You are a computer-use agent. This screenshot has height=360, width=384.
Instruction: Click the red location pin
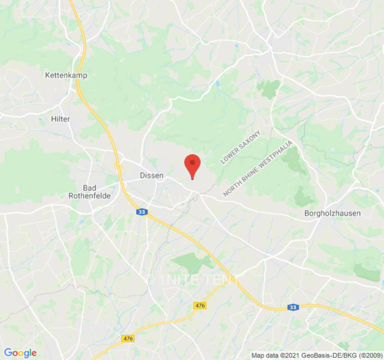pos(193,165)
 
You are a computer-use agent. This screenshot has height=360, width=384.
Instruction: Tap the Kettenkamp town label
pos(66,75)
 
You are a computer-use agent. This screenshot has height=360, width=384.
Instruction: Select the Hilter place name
pos(60,119)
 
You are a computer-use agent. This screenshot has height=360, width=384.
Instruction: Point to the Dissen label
pos(151,175)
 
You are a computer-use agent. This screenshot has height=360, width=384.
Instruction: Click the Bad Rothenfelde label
pos(92,191)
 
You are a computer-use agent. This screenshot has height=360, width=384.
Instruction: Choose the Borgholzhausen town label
pos(332,213)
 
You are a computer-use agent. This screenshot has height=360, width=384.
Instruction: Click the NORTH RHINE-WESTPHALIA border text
pos(258,168)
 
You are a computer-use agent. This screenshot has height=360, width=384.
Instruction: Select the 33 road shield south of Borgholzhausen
pos(293,307)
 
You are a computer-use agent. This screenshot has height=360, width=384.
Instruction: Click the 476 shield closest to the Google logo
pos(128,338)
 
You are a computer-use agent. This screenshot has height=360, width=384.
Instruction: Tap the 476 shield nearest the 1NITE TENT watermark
pos(200,306)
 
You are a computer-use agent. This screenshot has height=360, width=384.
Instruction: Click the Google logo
pos(20,353)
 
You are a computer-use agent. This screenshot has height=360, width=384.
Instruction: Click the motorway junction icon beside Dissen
pos(119,166)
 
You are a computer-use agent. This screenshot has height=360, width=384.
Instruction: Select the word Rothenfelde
pos(92,195)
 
